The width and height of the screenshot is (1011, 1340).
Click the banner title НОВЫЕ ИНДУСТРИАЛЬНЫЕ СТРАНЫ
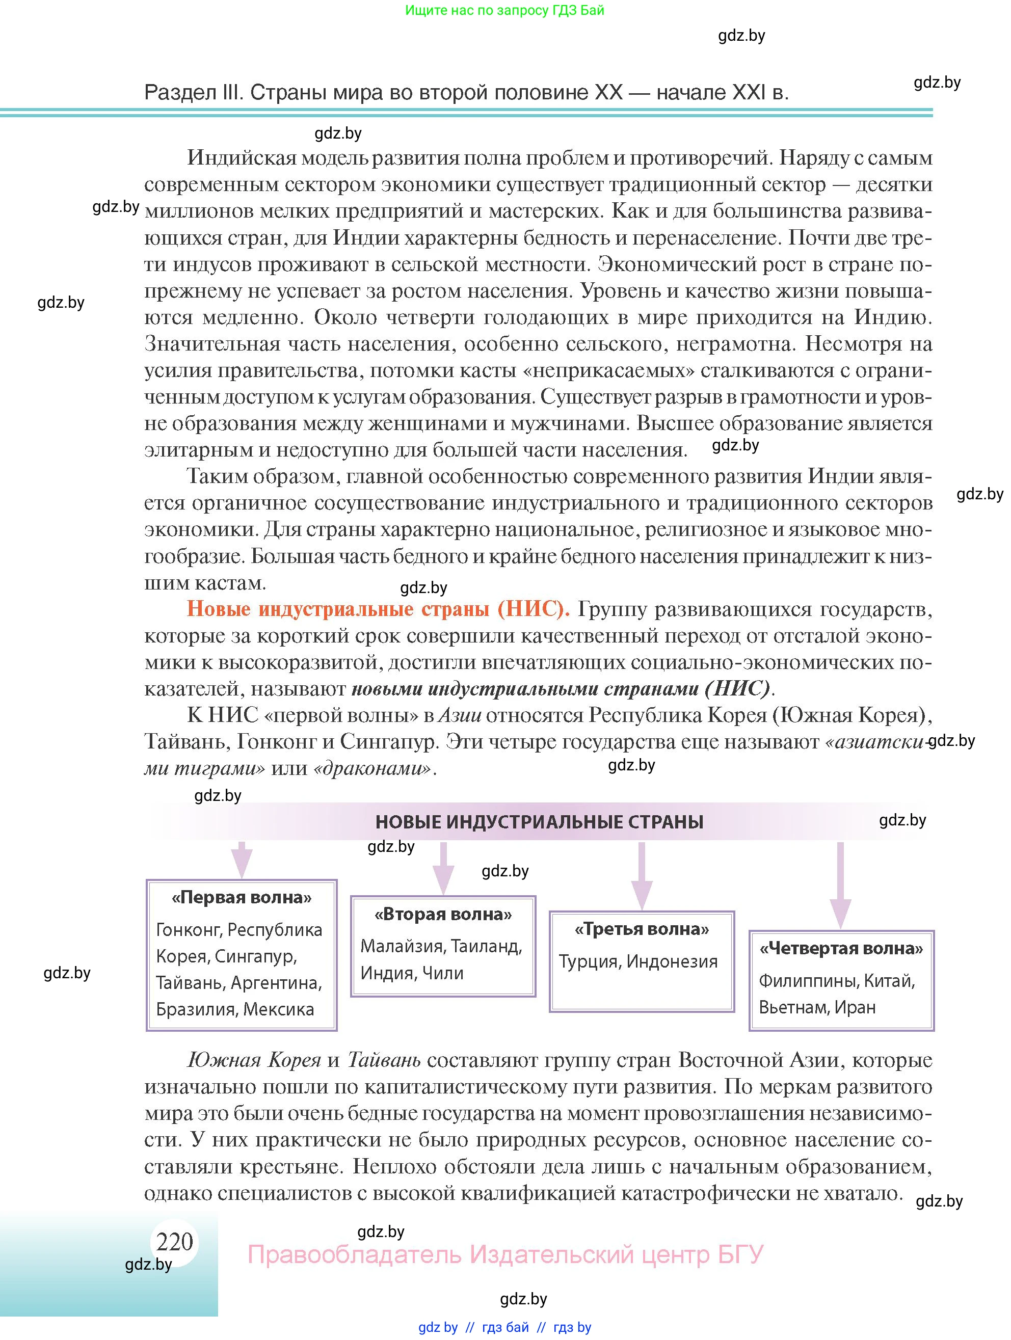point(539,822)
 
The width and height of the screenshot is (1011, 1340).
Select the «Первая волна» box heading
point(242,898)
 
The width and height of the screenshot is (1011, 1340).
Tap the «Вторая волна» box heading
point(443,914)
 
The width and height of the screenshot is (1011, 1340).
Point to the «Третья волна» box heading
point(642,929)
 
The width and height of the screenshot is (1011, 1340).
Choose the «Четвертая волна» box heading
point(841,949)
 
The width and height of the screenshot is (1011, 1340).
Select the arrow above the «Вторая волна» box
point(443,867)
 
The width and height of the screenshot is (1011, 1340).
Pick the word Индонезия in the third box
point(672,961)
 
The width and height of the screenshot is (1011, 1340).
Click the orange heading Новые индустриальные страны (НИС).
point(378,609)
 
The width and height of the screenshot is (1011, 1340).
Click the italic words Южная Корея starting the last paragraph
point(254,1060)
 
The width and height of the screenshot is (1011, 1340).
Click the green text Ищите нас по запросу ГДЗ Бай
point(504,10)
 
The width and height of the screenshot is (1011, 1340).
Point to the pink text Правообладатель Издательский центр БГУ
point(505,1254)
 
